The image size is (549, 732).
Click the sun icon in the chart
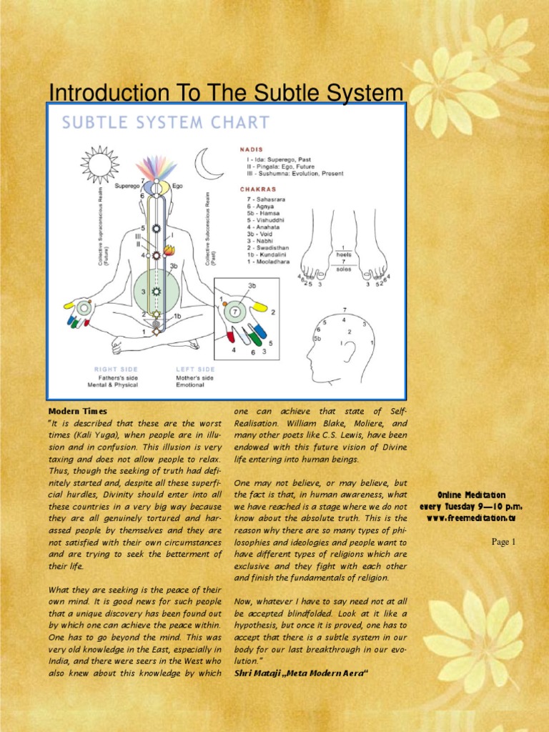[99, 164]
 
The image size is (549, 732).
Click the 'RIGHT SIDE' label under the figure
[117, 370]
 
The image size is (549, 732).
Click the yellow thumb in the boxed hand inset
[260, 307]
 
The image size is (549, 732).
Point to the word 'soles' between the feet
[343, 269]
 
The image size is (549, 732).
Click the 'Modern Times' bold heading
[77, 411]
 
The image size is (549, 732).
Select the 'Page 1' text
[503, 542]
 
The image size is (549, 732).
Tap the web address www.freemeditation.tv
[472, 518]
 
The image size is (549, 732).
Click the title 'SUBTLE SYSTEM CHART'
[166, 123]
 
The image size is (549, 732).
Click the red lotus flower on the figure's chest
[169, 250]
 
